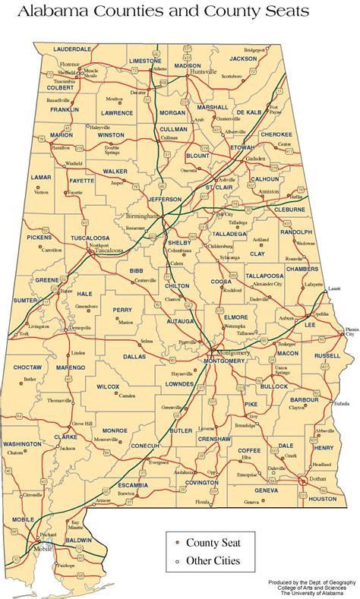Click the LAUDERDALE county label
(71, 49)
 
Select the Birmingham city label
(142, 215)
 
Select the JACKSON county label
(243, 58)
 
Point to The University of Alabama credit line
(313, 594)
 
